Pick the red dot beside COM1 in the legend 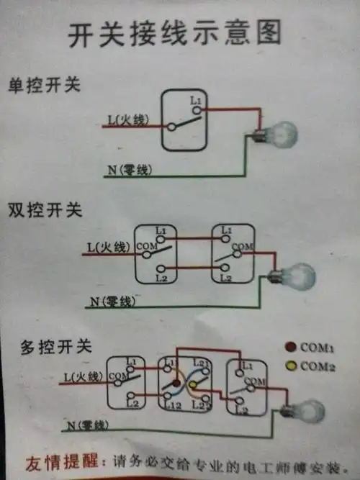pyautogui.click(x=290, y=348)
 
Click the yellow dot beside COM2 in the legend pyautogui.click(x=290, y=366)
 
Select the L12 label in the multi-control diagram pyautogui.click(x=171, y=408)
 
